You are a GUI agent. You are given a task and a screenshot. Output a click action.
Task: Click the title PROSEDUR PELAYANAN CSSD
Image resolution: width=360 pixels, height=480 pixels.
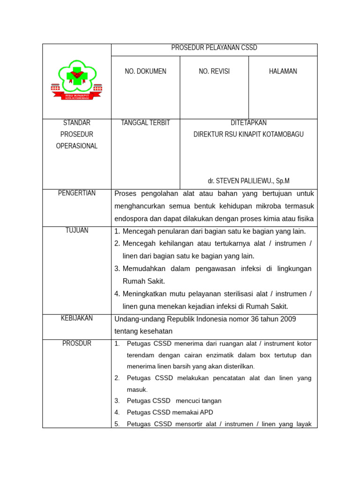click(214, 48)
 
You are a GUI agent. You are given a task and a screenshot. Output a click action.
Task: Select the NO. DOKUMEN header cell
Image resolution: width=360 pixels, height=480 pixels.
click(145, 71)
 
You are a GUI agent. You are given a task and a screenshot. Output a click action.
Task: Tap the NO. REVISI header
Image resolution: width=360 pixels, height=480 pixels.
click(214, 71)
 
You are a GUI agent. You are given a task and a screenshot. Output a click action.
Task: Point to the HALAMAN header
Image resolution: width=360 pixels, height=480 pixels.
click(283, 71)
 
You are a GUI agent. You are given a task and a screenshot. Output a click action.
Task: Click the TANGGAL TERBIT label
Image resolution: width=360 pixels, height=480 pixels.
click(145, 123)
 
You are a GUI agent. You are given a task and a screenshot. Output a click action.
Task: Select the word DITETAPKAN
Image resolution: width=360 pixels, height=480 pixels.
click(248, 123)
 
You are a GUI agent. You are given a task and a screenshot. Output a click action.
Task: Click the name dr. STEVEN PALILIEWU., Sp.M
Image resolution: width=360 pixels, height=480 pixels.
click(248, 181)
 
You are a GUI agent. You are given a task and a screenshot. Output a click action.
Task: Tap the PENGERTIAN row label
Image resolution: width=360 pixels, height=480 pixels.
click(77, 193)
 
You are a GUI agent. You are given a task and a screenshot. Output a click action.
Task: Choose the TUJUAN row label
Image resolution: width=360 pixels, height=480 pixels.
click(77, 230)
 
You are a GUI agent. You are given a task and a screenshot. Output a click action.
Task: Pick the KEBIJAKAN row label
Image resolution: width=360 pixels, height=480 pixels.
click(77, 318)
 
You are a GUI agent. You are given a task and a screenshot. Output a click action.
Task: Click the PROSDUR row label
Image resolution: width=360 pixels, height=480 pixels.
click(77, 344)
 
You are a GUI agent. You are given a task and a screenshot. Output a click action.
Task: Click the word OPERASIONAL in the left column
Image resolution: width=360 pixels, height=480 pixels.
click(77, 146)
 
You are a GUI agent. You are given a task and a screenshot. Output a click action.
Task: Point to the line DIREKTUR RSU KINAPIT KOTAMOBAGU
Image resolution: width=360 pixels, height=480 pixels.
click(248, 135)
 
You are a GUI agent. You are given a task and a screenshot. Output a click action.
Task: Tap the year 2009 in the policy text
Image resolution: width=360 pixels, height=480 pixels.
click(288, 319)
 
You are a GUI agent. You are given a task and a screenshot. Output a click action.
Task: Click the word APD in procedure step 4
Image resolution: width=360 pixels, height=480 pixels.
click(206, 412)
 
